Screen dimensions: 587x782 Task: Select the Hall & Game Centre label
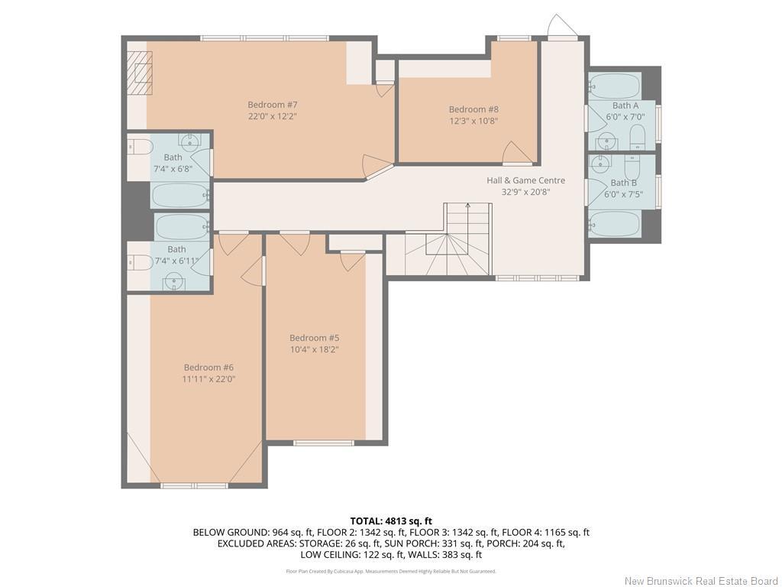click(x=525, y=180)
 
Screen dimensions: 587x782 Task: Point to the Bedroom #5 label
click(x=314, y=338)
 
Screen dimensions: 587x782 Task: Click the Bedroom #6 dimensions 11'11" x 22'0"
click(x=208, y=378)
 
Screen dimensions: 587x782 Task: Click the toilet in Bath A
click(x=638, y=138)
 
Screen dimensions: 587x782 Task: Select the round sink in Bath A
click(x=607, y=141)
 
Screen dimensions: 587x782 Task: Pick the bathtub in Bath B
click(x=615, y=224)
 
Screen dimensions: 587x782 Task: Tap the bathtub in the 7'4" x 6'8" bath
click(x=180, y=196)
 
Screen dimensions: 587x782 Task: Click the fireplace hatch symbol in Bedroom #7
click(x=140, y=73)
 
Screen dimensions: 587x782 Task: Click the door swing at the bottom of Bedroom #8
click(x=516, y=152)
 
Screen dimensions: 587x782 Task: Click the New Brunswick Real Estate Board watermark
click(x=701, y=581)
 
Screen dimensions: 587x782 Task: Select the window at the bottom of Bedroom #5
click(x=324, y=443)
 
